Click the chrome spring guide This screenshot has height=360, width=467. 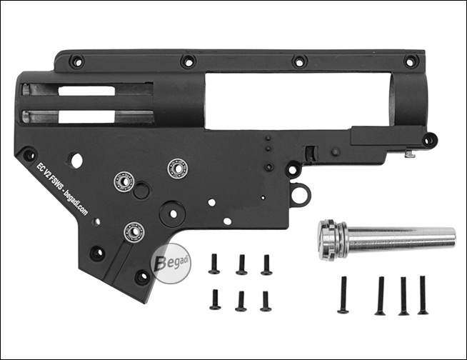click(x=386, y=239)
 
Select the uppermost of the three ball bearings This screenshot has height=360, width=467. click(x=177, y=169)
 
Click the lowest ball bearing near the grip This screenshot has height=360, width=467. click(x=134, y=231)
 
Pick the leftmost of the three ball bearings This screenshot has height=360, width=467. click(x=124, y=181)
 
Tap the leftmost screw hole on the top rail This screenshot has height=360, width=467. click(x=77, y=62)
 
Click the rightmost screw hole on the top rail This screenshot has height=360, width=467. click(x=411, y=61)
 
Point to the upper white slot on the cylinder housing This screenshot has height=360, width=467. click(x=86, y=91)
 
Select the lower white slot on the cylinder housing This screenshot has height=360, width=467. click(x=86, y=116)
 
